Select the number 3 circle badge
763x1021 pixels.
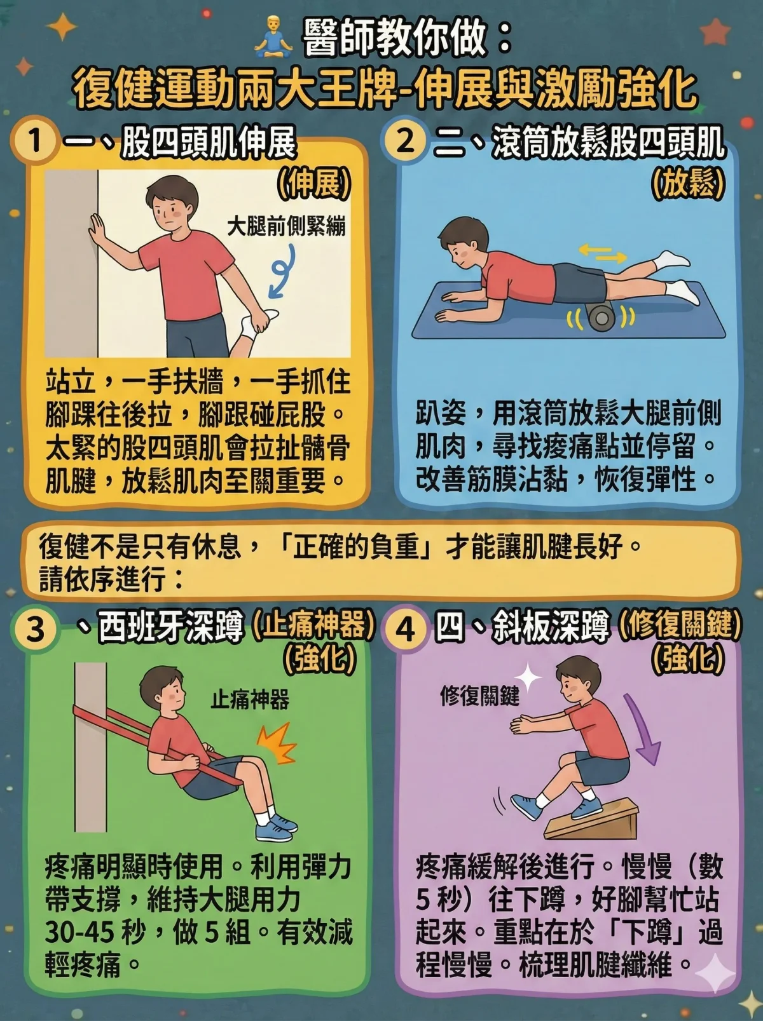coord(35,630)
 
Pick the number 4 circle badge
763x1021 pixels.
coord(405,630)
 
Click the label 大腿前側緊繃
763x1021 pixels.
coord(286,226)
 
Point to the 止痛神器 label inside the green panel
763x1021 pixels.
coord(250,700)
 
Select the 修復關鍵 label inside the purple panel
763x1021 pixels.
coord(479,696)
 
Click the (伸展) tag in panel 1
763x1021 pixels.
coord(314,184)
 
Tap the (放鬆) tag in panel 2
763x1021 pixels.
coord(688,184)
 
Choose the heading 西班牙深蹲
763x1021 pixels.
coord(170,628)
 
